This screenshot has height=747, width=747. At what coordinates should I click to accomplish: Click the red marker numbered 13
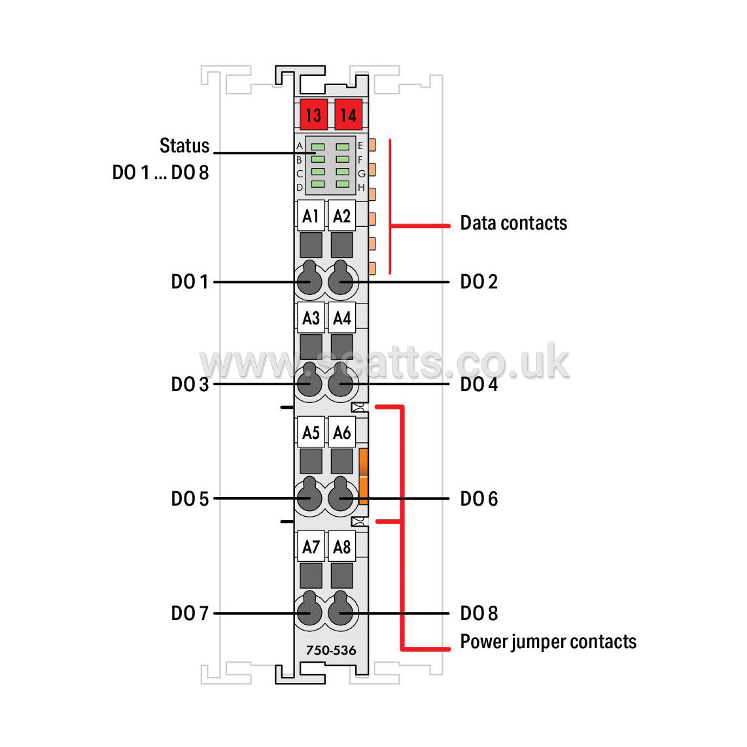[313, 114]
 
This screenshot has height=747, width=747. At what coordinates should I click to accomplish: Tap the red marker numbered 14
[348, 114]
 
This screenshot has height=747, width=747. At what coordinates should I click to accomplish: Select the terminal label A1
[311, 216]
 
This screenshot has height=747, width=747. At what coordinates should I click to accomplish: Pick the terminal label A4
[341, 318]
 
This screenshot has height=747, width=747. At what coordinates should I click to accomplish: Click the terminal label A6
[341, 432]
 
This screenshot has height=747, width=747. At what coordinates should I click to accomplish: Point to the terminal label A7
[311, 546]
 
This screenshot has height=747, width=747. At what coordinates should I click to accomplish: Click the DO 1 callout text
[190, 281]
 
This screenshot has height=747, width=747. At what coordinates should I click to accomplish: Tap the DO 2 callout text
[479, 281]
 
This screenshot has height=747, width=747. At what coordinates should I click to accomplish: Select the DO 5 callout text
[190, 499]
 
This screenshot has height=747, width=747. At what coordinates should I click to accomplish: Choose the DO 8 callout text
[479, 613]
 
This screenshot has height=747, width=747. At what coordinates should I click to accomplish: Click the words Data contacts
[513, 223]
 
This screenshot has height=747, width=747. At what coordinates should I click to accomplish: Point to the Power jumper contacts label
[548, 642]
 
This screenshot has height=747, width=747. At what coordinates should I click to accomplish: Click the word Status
[184, 145]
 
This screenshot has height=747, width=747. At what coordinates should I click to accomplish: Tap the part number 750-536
[330, 650]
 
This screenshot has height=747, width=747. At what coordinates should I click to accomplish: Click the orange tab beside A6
[363, 476]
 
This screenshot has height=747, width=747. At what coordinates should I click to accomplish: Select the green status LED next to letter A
[318, 147]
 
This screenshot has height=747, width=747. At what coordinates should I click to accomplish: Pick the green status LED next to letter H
[343, 184]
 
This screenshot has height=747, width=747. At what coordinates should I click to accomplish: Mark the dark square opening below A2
[341, 245]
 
